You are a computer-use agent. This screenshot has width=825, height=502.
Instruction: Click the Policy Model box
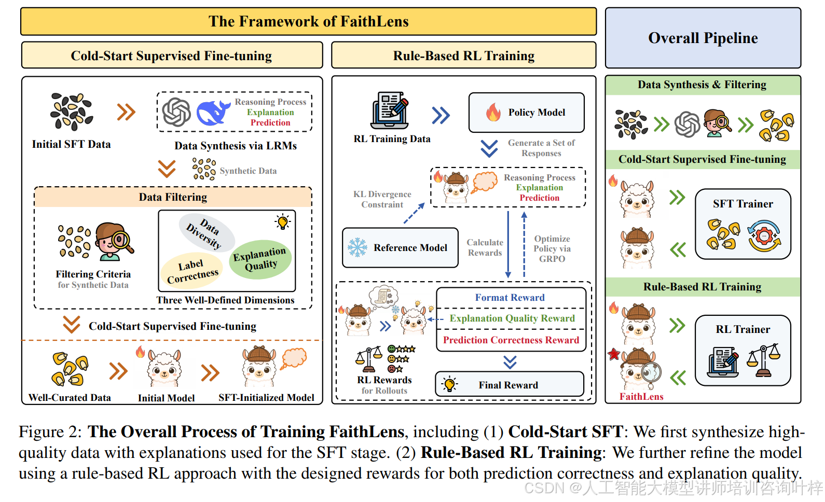click(526, 112)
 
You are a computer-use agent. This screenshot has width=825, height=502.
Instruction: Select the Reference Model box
click(401, 247)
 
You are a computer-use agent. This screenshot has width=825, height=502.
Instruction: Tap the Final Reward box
click(510, 384)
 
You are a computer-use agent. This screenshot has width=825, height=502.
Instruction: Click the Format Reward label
click(510, 297)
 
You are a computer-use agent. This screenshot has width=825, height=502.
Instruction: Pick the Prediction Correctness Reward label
click(511, 340)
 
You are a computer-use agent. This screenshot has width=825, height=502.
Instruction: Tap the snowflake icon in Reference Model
click(357, 247)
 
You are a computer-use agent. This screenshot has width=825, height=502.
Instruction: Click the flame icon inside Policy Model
click(493, 112)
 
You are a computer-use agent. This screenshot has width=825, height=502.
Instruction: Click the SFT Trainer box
click(743, 224)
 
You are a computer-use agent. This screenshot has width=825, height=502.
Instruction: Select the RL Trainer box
click(743, 351)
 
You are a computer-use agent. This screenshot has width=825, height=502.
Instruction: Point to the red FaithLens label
click(641, 396)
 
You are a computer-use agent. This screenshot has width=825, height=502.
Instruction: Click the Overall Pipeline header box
click(703, 38)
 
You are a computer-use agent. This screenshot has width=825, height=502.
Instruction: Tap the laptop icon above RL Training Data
click(389, 110)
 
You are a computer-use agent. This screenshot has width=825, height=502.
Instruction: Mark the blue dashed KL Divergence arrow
click(414, 213)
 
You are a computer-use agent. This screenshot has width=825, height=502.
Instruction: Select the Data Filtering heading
click(173, 197)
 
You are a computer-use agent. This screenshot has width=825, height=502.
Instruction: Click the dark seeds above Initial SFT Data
click(72, 111)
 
